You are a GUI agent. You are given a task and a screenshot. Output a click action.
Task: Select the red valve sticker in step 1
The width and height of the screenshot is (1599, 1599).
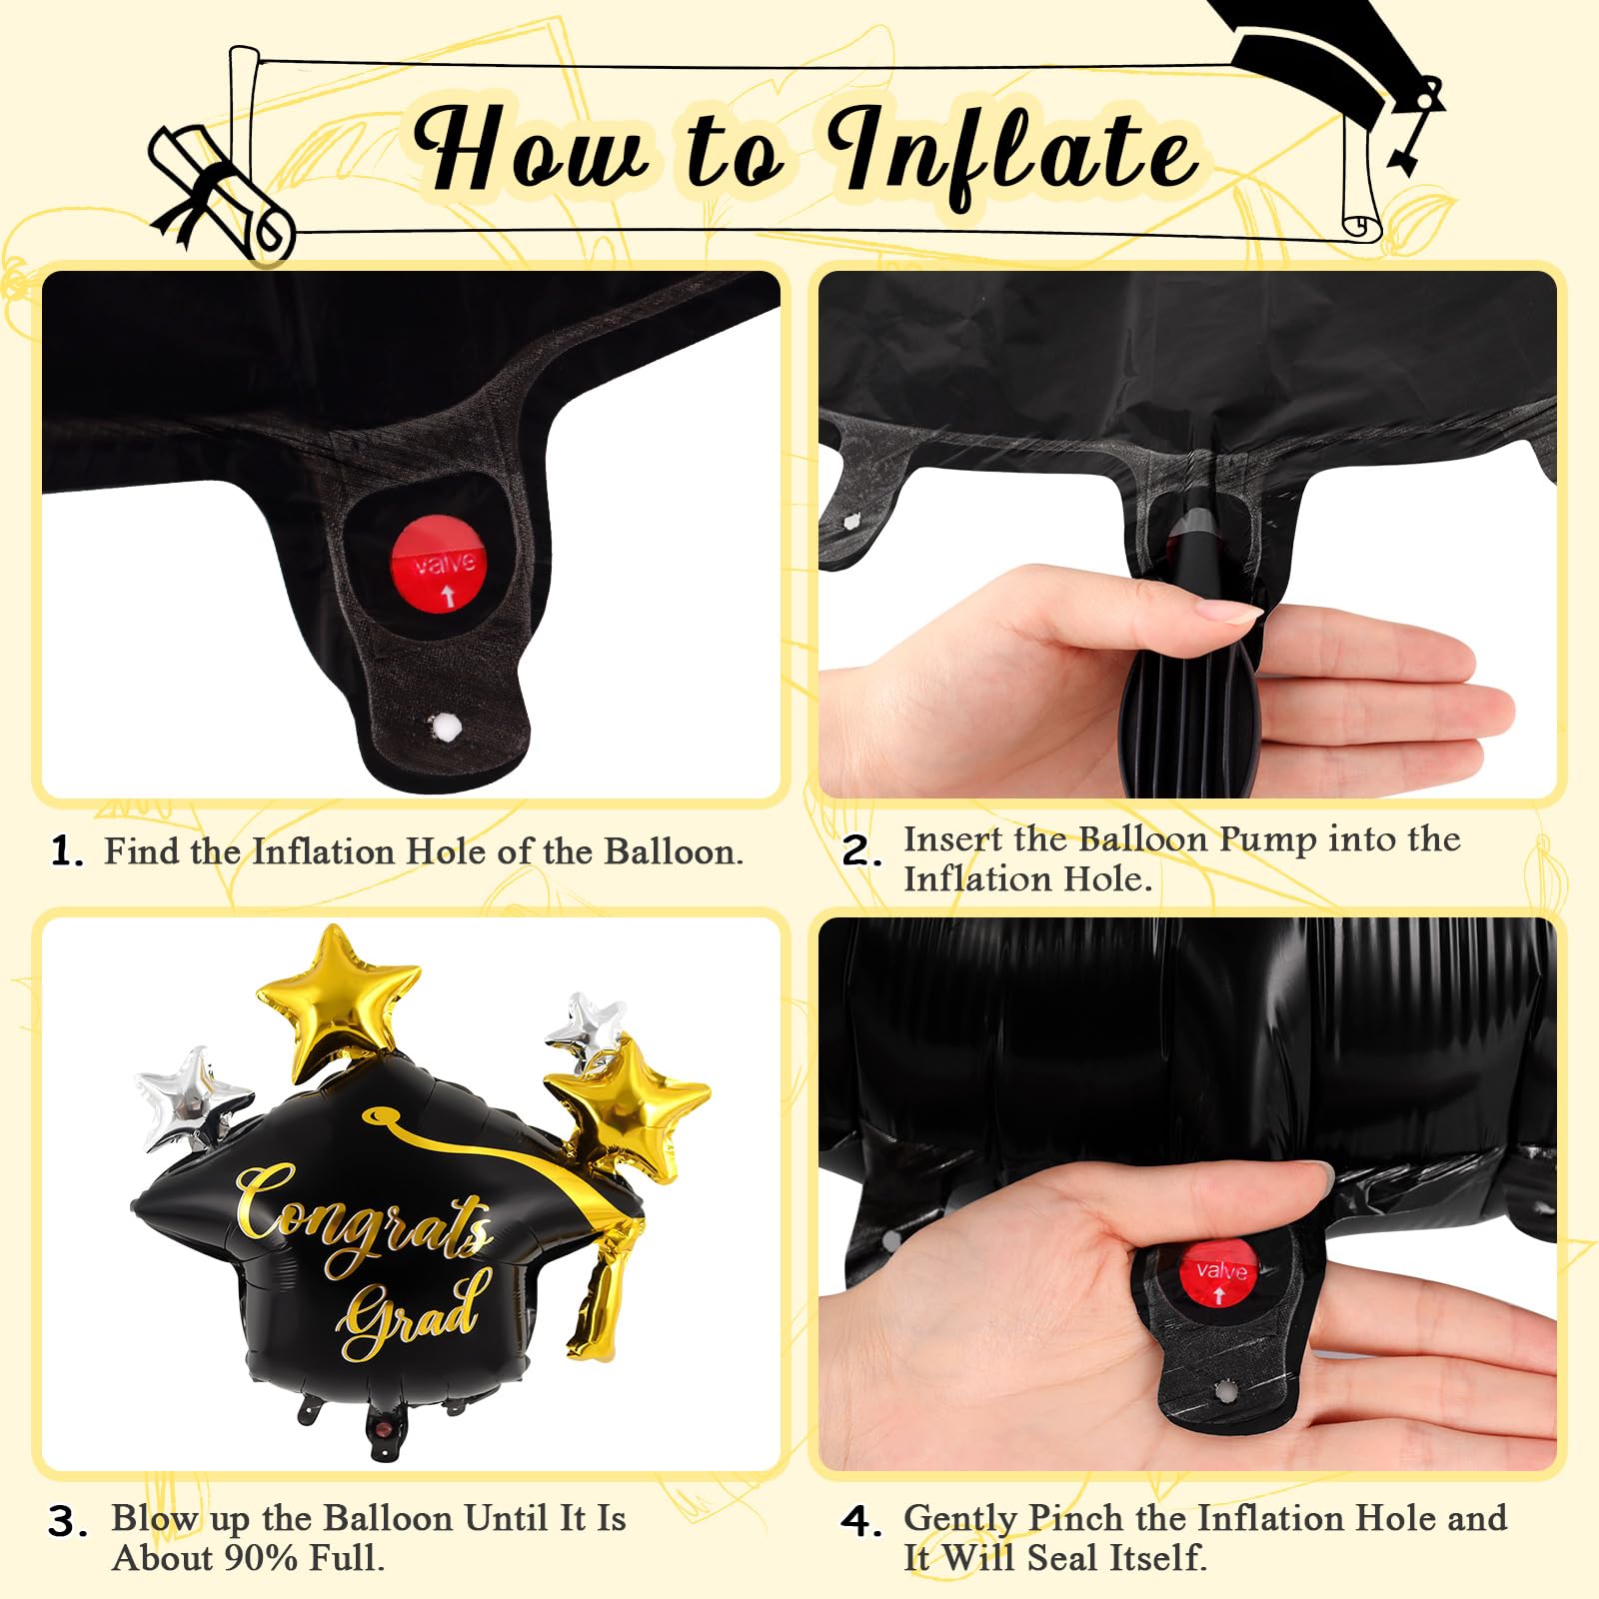439,562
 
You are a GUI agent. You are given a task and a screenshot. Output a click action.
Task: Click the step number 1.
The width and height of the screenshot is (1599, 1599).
66,852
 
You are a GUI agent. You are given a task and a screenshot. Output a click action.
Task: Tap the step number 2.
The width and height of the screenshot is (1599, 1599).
861,852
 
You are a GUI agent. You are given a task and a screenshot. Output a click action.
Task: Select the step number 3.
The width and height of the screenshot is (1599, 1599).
69,1522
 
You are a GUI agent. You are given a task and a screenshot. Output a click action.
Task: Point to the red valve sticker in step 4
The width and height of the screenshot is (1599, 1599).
1220,1272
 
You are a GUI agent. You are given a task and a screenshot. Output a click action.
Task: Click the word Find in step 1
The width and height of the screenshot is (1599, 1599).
141,851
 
